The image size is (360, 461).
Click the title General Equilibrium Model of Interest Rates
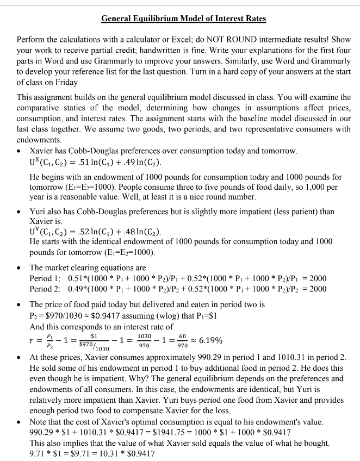pyautogui.click(x=184, y=19)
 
